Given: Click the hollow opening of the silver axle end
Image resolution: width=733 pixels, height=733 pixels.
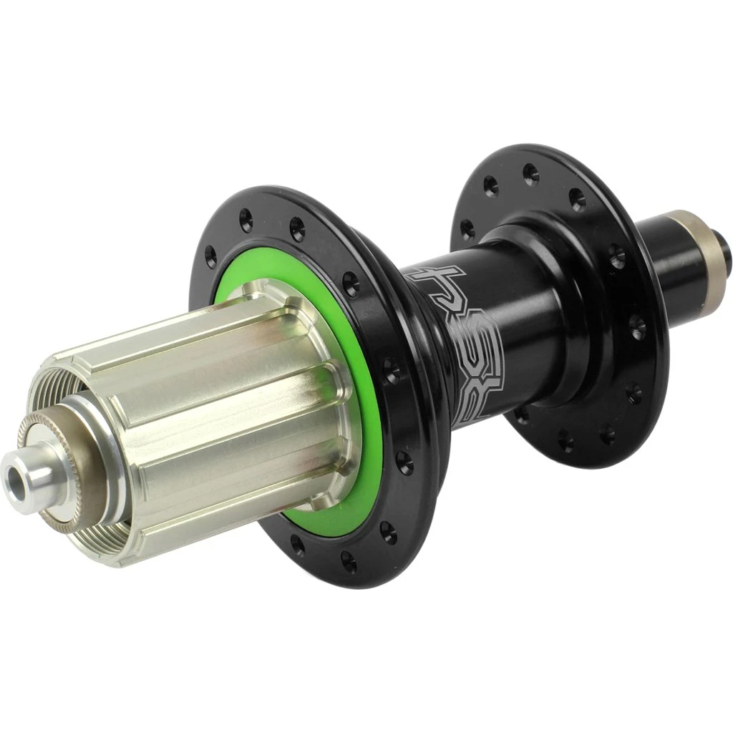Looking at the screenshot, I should tap(16, 479).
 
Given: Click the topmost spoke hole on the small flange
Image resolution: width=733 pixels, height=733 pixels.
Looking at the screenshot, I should tap(530, 172).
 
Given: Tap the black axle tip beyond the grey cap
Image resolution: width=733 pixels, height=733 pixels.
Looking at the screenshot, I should tap(724, 251).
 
